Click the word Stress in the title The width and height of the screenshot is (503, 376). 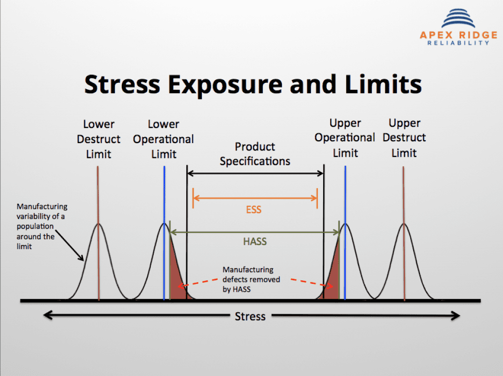point(122,84)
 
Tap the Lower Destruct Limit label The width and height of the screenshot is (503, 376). point(99,139)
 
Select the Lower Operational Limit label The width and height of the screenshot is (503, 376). point(164,139)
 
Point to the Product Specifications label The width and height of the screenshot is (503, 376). point(255,153)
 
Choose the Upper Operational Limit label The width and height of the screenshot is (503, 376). point(345,138)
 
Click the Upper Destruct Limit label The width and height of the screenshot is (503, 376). point(404,138)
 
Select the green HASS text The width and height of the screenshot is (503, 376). point(255,241)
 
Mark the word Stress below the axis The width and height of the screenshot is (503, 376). point(250,316)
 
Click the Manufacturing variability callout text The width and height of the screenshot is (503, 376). point(42,226)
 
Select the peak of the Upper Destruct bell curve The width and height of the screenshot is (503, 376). point(404,224)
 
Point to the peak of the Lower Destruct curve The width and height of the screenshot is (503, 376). point(99,224)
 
